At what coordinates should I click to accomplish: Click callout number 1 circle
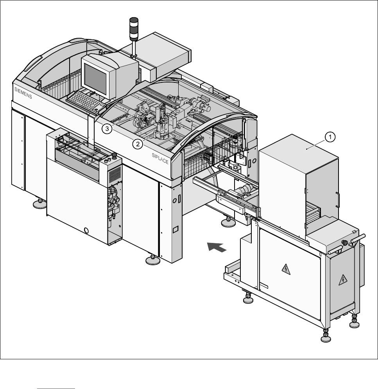point(330,137)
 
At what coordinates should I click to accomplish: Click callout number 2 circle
point(137,144)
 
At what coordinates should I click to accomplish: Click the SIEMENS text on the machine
point(24,95)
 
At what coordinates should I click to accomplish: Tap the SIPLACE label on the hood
point(160,158)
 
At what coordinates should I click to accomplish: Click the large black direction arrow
point(216,247)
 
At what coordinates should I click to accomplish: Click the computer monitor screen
point(95,78)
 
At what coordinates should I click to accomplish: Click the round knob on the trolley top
point(344,243)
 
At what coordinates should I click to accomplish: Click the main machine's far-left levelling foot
point(39,203)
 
